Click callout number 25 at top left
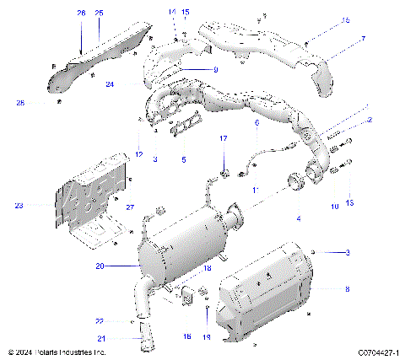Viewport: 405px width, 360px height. pyautogui.click(x=100, y=13)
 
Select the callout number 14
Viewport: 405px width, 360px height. pyautogui.click(x=171, y=11)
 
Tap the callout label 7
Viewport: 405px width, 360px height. pyautogui.click(x=363, y=39)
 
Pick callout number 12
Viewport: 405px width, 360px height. pyautogui.click(x=138, y=153)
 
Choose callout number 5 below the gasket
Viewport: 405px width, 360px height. pyautogui.click(x=184, y=159)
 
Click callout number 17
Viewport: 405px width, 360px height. pyautogui.click(x=224, y=137)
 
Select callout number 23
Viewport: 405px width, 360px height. pyautogui.click(x=19, y=205)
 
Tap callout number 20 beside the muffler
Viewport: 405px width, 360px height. pyautogui.click(x=99, y=266)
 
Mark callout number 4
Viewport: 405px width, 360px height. pyautogui.click(x=297, y=218)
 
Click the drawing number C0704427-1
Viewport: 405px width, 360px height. pyautogui.click(x=376, y=352)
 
